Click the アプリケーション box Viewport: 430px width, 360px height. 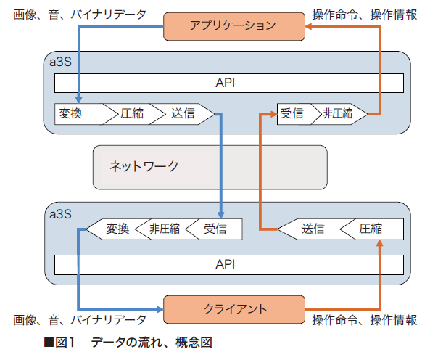(x=234, y=26)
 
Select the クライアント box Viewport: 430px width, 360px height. (x=234, y=309)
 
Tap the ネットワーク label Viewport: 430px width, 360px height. (x=144, y=166)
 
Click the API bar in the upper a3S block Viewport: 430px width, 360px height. (x=229, y=83)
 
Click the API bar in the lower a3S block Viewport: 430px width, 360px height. (x=229, y=264)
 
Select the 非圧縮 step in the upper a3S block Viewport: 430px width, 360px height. (x=340, y=114)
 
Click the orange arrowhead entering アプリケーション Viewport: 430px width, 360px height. (x=309, y=26)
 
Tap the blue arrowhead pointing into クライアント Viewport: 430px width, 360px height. (x=160, y=309)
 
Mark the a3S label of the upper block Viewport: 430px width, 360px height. (x=60, y=62)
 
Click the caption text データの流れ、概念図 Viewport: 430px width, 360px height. (x=152, y=343)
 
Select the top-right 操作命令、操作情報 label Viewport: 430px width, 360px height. (x=365, y=15)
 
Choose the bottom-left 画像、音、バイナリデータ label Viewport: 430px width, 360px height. (x=80, y=320)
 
